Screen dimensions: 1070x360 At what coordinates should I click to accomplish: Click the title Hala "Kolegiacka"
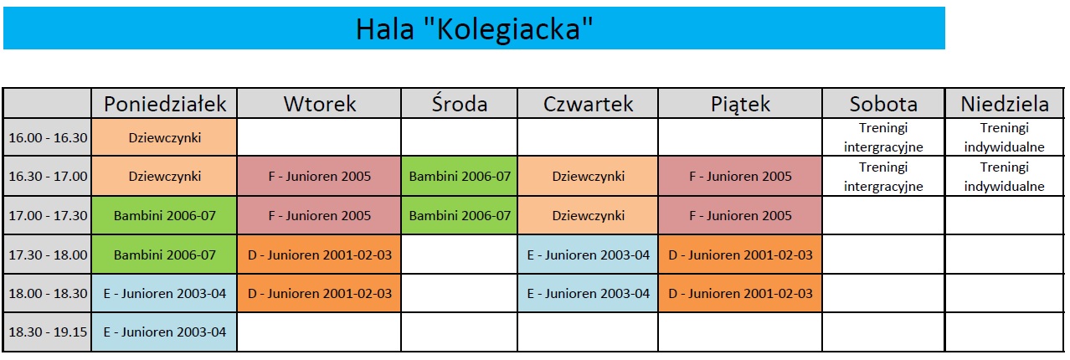tap(474, 28)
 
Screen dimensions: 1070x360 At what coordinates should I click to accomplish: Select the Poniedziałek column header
tap(164, 104)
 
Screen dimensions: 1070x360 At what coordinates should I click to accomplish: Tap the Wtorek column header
tap(319, 104)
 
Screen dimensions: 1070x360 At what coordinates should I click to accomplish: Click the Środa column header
tap(459, 104)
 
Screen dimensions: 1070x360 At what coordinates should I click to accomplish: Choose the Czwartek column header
tap(588, 104)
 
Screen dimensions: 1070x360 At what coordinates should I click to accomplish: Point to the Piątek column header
tap(740, 104)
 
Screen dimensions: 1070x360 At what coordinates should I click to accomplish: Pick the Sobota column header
tap(883, 104)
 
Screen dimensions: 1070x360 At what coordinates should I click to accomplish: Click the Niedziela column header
tap(1005, 104)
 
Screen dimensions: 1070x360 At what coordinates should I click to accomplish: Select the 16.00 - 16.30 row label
tap(48, 137)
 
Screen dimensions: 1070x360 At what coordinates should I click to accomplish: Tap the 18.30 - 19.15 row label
tap(48, 332)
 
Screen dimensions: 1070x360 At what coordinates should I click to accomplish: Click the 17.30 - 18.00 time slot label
tap(48, 255)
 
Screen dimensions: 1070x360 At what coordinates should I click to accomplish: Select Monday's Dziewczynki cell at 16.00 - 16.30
tap(164, 137)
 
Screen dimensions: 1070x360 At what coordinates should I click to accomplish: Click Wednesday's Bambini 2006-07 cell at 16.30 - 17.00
tap(459, 176)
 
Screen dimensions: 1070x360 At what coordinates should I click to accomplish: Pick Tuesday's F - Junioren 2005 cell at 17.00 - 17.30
tap(319, 215)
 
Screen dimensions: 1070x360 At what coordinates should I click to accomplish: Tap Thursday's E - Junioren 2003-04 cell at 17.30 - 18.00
tap(588, 255)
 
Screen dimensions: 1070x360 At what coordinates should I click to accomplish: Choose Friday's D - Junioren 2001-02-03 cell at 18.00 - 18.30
tap(740, 293)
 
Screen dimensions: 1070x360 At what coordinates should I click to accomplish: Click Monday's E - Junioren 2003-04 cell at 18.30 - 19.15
tap(164, 332)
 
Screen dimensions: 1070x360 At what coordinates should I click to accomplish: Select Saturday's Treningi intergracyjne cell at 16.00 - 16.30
tap(883, 137)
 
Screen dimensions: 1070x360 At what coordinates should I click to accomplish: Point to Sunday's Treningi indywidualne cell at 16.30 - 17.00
tap(1005, 176)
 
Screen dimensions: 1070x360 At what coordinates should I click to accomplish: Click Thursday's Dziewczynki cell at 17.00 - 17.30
tap(588, 215)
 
